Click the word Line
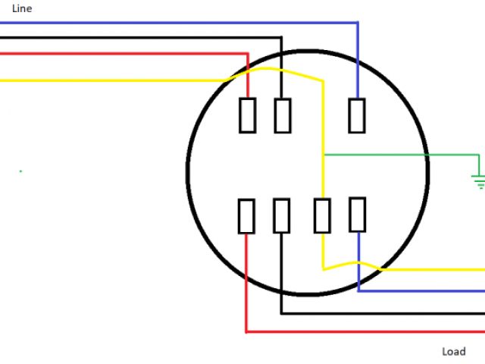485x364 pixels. point(22,8)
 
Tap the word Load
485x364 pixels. point(453,352)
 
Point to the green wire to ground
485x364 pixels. point(402,155)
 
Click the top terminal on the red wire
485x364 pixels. point(247,115)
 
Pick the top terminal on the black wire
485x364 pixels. point(282,115)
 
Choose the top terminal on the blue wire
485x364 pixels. point(357,115)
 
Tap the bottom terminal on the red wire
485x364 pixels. point(246,216)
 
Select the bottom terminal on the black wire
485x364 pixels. point(281,216)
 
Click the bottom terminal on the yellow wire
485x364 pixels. point(323,216)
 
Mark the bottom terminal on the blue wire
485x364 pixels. point(357,214)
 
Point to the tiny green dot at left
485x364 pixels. point(20,171)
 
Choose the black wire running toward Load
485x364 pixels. point(379,312)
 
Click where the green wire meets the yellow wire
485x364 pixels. point(324,155)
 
